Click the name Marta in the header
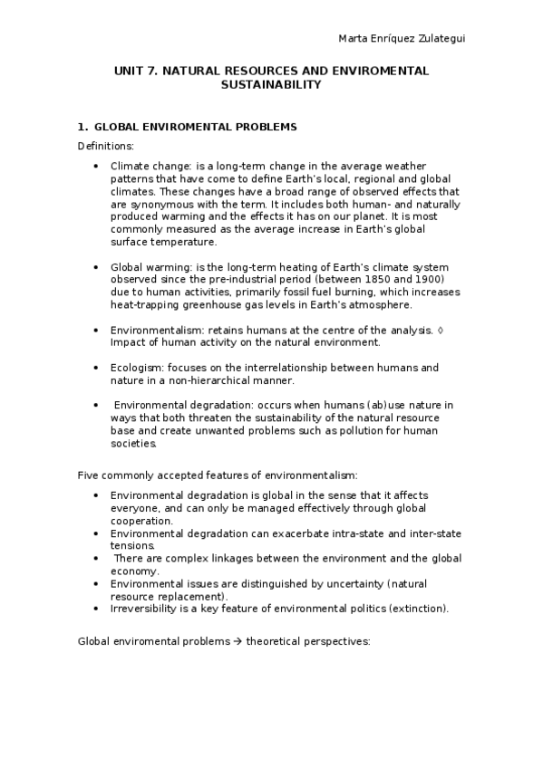point(353,37)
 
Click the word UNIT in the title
point(129,70)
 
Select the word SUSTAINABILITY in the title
point(271,84)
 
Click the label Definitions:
point(106,146)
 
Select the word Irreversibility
point(145,609)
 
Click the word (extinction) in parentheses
point(418,609)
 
